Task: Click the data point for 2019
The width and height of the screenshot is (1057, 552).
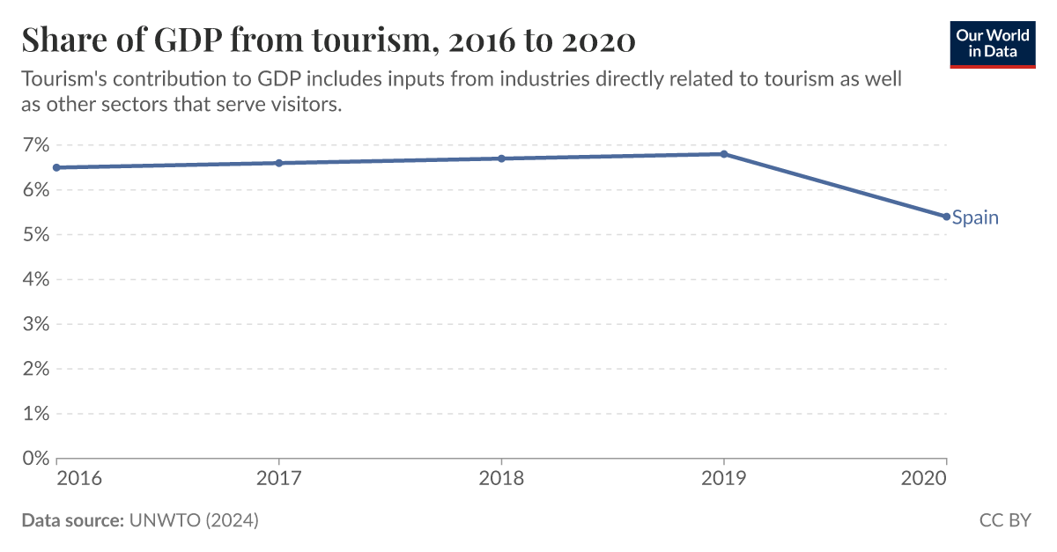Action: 723,154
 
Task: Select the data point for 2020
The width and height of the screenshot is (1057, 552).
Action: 946,217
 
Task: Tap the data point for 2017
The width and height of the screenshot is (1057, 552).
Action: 279,163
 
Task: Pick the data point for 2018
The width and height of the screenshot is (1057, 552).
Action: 501,158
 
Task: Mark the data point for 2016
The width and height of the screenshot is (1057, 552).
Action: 57,167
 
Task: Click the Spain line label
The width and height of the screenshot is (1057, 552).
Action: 975,217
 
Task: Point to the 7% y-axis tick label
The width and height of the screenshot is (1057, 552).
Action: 35,145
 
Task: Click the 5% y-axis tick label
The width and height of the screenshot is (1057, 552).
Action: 35,234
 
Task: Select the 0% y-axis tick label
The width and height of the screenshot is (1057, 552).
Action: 35,458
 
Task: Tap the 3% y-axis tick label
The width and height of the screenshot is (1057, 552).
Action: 35,324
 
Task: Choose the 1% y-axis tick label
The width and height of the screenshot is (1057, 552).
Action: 35,413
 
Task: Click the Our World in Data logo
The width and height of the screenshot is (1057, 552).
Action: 992,44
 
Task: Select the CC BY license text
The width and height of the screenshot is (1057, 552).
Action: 1005,520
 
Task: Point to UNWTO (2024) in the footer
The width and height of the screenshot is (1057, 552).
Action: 194,520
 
